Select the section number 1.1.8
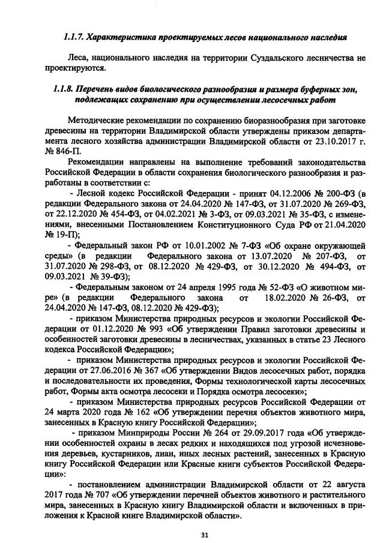tap(62, 89)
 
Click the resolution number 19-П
tap(64, 234)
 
